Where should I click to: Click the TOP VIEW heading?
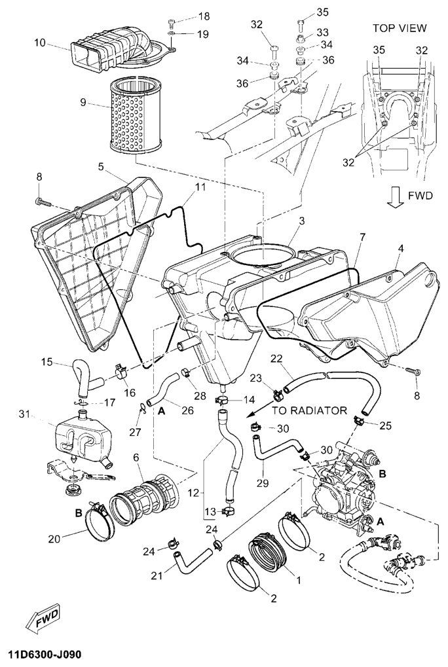coord(400,28)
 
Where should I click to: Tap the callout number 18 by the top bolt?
coord(204,16)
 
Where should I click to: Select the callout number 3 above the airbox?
coord(301,223)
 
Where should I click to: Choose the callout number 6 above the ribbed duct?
coord(136,457)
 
